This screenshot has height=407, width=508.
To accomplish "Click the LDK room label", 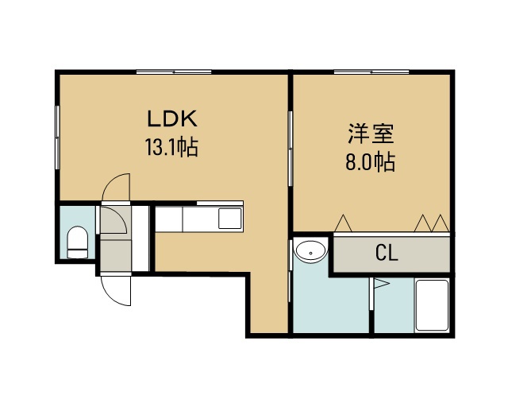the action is coord(172,118).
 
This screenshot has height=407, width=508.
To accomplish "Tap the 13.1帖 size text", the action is coord(172,147).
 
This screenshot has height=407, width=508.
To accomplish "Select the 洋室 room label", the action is coord(371,134).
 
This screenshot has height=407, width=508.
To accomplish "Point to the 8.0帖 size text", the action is coord(371,162).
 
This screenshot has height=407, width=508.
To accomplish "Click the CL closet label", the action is coord(387,253).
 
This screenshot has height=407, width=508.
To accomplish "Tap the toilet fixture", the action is coord(77,242).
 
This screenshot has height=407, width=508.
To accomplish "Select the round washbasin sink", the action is coord(310,251).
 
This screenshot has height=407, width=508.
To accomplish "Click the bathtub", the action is coord(432,305).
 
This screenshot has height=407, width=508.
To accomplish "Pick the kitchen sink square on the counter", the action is coord(229,218).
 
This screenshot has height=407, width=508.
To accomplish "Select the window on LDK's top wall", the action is coord(174,72).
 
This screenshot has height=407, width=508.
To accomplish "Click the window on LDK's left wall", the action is coord(57,138).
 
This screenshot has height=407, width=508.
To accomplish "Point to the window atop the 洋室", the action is coord(371,72).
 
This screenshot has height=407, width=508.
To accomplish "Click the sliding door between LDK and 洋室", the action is coord(291,149).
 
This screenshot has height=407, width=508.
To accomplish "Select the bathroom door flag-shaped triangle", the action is coord(381,284).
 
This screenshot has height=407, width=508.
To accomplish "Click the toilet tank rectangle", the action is coord(77,254).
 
